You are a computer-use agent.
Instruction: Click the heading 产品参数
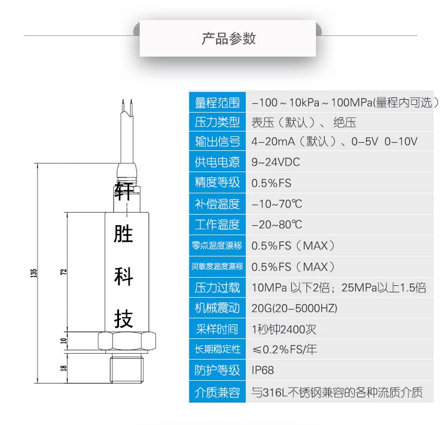[x=229, y=39]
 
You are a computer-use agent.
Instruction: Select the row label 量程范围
[x=217, y=103]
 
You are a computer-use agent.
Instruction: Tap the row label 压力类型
[x=217, y=123]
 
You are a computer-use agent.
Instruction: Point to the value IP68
[x=263, y=370]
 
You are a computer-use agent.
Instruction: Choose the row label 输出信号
[x=217, y=141]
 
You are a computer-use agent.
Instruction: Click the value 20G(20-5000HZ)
[x=295, y=308]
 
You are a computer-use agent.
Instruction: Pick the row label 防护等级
[x=217, y=370]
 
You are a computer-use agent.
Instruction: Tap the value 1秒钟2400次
[x=284, y=329]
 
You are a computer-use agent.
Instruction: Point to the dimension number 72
[x=64, y=272]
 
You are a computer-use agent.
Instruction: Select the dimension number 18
[x=64, y=368]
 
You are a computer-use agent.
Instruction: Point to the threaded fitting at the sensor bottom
[x=127, y=368]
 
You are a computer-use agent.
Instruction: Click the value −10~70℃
[x=276, y=204]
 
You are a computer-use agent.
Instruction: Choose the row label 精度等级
[x=217, y=182]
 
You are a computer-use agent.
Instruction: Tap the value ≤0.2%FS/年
[x=285, y=349]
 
